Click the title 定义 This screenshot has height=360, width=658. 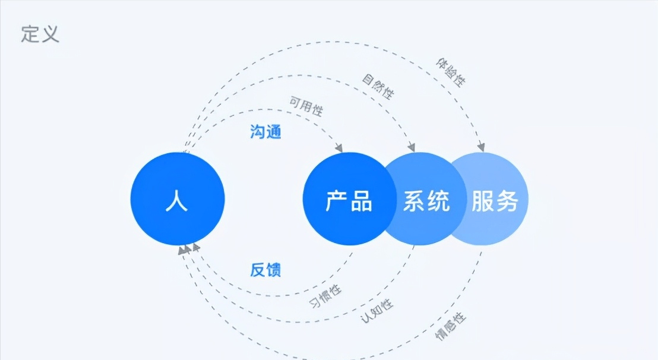(x=40, y=33)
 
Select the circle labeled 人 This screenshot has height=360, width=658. (x=178, y=198)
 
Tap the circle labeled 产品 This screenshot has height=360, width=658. (x=349, y=198)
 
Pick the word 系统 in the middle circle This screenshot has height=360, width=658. (x=426, y=202)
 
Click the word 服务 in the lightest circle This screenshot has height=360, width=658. (x=495, y=202)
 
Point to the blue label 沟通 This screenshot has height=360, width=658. (x=265, y=132)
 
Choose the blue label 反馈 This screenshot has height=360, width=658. (x=265, y=270)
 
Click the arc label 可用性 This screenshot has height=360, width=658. (x=306, y=105)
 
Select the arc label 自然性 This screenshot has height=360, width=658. (x=378, y=86)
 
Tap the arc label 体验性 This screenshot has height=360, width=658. (x=451, y=72)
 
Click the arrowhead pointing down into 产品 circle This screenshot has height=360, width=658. (x=340, y=147)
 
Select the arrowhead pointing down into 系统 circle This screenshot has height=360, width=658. (x=411, y=147)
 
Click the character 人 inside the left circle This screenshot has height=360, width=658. (x=178, y=201)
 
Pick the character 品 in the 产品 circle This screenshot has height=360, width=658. (x=361, y=202)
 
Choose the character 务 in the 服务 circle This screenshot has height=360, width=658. (x=507, y=202)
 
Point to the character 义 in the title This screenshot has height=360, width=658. (x=50, y=33)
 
